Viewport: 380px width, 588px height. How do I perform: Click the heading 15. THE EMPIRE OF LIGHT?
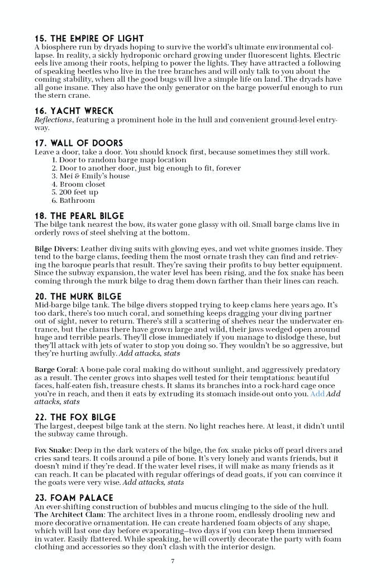point(89,39)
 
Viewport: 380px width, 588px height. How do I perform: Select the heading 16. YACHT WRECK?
point(74,111)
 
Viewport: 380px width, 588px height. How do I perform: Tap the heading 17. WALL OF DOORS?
point(79,143)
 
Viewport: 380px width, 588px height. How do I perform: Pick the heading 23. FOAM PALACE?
point(74,497)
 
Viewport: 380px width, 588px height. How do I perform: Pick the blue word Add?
point(317,393)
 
